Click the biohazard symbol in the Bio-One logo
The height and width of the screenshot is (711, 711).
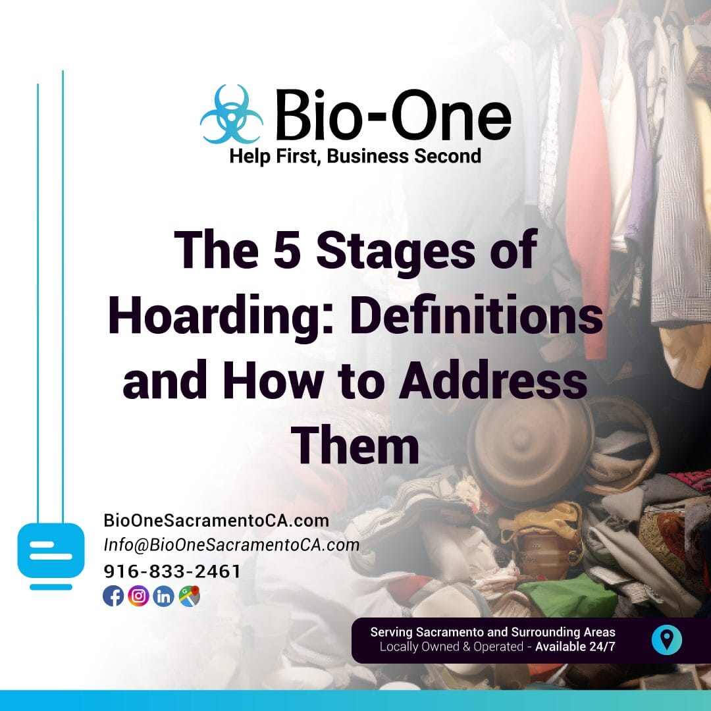[x=231, y=115]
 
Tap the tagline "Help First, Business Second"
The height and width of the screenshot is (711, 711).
[x=355, y=156]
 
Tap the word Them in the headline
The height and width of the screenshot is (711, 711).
[x=355, y=446]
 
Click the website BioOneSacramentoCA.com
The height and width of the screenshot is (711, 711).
[x=216, y=520]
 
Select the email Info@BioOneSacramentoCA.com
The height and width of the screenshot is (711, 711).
[x=232, y=545]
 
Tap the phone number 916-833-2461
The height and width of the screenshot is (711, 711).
[x=172, y=571]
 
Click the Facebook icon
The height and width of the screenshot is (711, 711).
[x=113, y=596]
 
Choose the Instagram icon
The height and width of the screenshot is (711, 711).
[x=138, y=596]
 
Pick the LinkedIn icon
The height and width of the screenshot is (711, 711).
[x=163, y=596]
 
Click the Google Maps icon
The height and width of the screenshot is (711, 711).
[x=189, y=596]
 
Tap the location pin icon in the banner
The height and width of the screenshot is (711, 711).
[x=666, y=639]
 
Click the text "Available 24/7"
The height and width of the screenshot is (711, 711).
[x=575, y=646]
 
